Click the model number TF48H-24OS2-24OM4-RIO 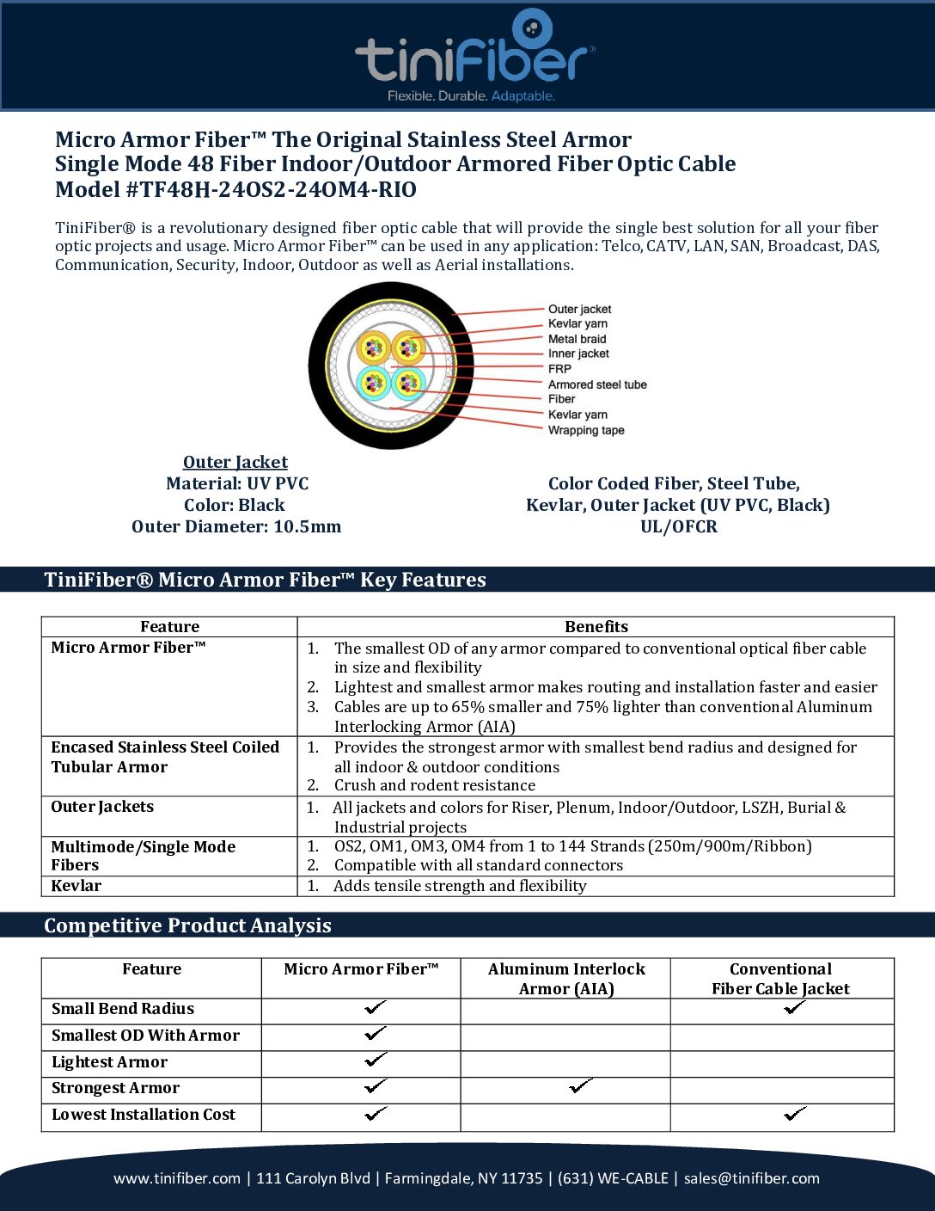(x=271, y=190)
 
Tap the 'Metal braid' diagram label (x=577, y=339)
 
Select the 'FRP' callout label (x=559, y=369)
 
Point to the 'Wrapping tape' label (x=586, y=430)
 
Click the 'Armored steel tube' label (x=597, y=384)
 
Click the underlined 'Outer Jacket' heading (x=235, y=463)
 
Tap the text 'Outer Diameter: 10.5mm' (x=236, y=526)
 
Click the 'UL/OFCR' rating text (x=678, y=526)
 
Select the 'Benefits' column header (x=596, y=627)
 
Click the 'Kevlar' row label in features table (x=76, y=886)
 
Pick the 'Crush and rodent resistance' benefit (x=434, y=785)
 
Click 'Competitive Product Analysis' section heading (x=187, y=925)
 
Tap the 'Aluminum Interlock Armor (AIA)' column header (x=566, y=979)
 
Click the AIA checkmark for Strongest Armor (x=581, y=1087)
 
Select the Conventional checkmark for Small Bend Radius (x=794, y=1007)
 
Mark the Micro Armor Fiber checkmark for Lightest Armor (x=376, y=1060)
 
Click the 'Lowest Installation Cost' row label (x=144, y=1115)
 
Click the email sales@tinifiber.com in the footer (x=751, y=1178)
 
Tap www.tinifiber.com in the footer (x=177, y=1178)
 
